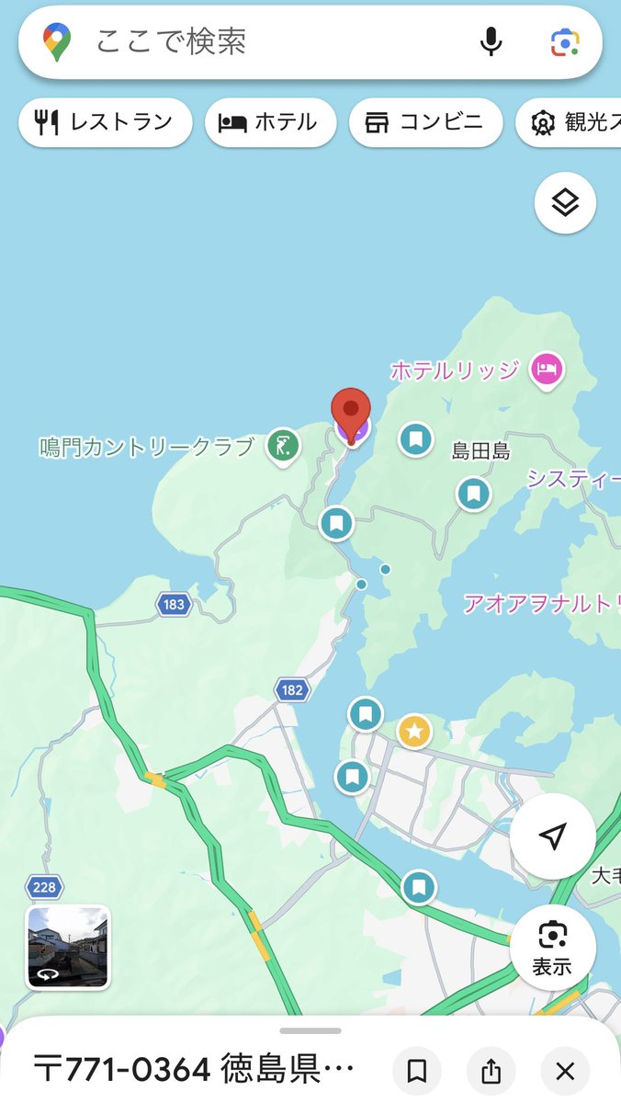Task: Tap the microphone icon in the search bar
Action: coord(492,41)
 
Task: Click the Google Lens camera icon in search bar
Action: coord(563,41)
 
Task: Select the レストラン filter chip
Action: coord(105,122)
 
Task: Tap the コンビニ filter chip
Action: coord(425,122)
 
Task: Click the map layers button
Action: coord(565,202)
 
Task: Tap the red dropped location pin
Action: coord(351,413)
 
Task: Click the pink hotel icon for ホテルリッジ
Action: coord(548,370)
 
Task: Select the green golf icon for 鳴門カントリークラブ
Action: coord(283,447)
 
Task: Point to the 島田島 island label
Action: coord(480,451)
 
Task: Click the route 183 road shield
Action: coord(173,604)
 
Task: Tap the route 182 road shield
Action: coord(291,690)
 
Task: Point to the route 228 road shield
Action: coord(44,887)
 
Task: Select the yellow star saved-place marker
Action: coord(414,732)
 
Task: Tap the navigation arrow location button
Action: coord(552,836)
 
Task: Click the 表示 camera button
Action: coord(552,947)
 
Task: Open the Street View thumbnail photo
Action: coord(68,947)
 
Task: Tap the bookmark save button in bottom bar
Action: coord(417,1071)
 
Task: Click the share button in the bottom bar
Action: coord(491,1071)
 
